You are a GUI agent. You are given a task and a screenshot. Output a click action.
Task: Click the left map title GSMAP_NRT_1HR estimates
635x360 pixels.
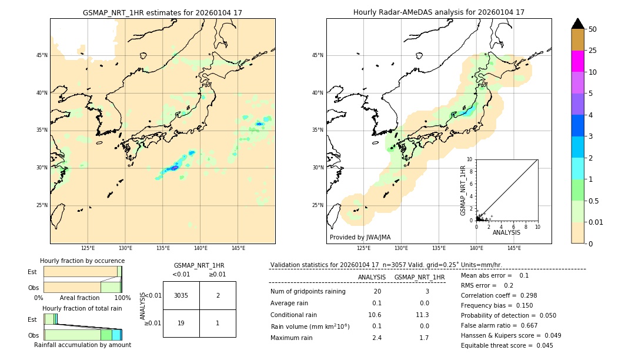click(162, 12)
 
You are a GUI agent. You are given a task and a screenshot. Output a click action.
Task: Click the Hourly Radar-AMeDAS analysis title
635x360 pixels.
click(439, 12)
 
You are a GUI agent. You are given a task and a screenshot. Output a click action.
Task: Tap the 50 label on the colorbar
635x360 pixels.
click(593, 29)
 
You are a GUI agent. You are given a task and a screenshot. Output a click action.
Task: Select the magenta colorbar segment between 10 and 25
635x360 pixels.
click(577, 61)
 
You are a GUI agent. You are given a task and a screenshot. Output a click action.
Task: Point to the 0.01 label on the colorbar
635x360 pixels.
click(596, 222)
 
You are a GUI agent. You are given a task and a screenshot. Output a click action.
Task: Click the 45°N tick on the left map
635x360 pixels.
click(42, 55)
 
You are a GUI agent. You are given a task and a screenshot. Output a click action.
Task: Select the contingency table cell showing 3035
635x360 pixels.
click(181, 295)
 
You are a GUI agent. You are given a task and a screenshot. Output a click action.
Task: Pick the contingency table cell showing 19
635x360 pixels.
click(181, 323)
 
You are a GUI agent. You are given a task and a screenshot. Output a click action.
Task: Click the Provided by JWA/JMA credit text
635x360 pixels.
click(360, 238)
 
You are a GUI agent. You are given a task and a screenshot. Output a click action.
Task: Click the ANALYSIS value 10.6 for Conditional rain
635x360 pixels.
click(376, 315)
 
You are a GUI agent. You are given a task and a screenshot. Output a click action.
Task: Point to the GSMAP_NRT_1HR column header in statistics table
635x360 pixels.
click(419, 277)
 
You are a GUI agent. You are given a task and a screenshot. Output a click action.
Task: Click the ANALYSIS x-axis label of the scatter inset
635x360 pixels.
click(506, 232)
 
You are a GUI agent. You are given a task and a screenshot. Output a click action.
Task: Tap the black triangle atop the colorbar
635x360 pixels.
click(577, 24)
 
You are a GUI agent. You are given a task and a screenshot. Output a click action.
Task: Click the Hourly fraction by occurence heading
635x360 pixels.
click(82, 261)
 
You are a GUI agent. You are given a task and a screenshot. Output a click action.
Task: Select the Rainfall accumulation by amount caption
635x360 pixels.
click(82, 345)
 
